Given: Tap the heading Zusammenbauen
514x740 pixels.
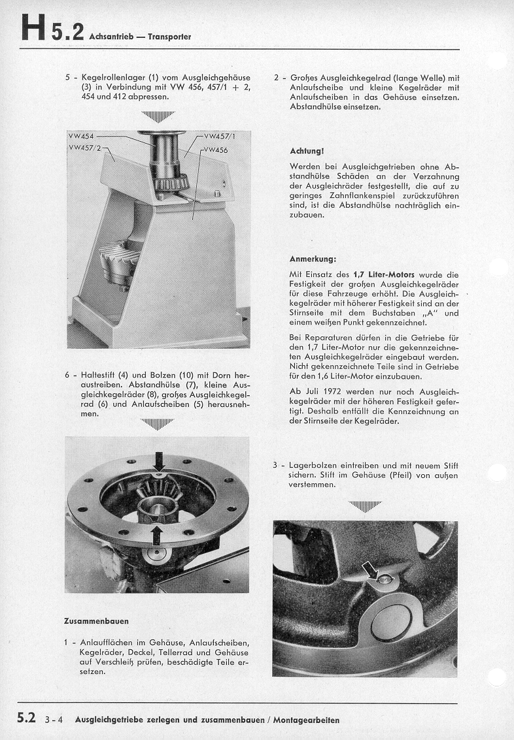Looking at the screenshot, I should tap(96, 620).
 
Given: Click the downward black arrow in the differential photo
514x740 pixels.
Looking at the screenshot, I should tap(159, 460).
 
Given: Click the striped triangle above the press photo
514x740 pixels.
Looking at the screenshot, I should tap(158, 117).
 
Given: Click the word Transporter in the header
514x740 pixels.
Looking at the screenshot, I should tap(169, 37).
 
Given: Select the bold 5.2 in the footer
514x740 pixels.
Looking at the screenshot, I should tap(26, 718).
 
